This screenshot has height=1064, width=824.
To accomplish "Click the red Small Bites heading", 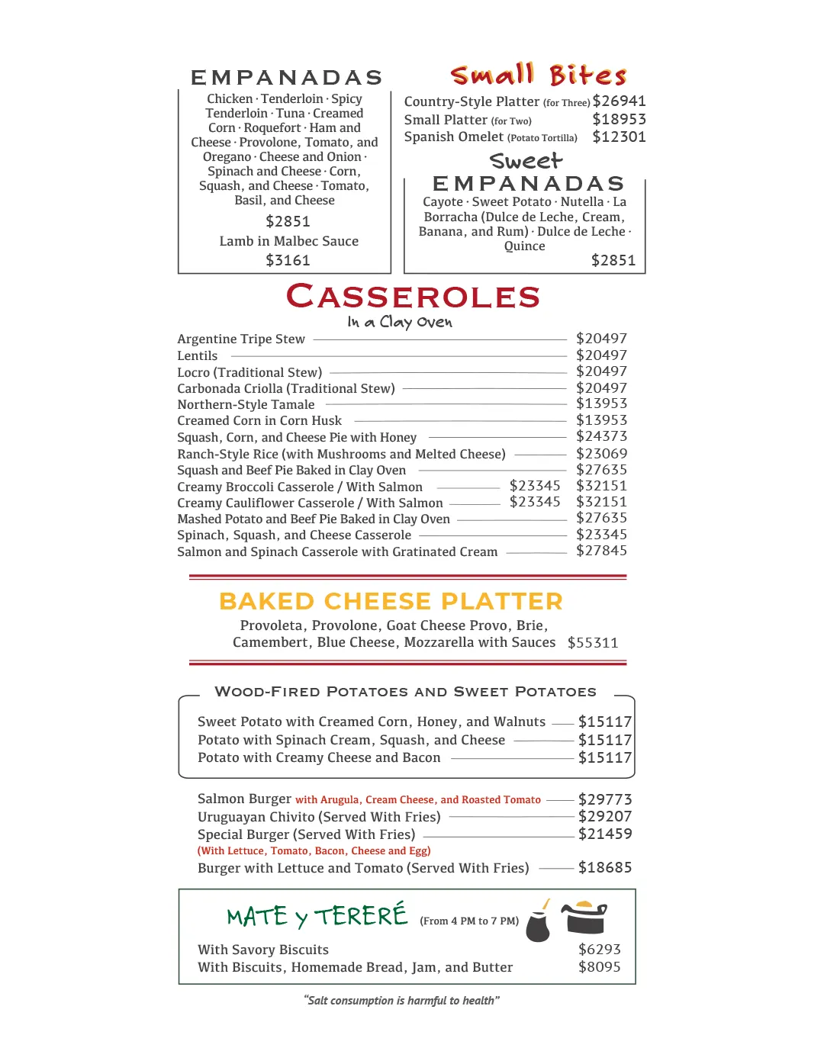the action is coord(539,76).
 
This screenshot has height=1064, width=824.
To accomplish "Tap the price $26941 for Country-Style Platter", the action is coord(619,101).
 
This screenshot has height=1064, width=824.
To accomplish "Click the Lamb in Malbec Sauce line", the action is coord(288,241).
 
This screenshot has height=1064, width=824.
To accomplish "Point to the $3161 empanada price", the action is coord(288,261).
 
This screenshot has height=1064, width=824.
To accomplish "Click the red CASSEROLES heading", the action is coord(413,297).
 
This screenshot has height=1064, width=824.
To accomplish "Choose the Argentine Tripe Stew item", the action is coord(241,339).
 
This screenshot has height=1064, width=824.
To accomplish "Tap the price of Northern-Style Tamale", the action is coord(601,403).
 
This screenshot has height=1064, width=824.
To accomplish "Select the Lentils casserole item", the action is coord(198,356).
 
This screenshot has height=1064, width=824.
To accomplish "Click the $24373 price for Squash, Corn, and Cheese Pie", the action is coord(601,436).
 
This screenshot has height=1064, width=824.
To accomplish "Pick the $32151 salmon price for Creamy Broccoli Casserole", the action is coord(601,486).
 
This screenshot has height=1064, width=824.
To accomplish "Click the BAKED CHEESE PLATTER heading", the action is coord(391,602).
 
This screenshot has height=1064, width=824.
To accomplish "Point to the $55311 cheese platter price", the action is coord(593,643).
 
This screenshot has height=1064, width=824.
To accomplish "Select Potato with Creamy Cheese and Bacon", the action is coord(319,758).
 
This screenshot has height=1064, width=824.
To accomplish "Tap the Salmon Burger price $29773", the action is coord(605,799).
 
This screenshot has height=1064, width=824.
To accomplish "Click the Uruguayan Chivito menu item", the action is coord(319,817).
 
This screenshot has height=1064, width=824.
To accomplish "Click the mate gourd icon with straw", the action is coord(539,923).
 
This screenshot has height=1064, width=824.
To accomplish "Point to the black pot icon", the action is coord(584,918).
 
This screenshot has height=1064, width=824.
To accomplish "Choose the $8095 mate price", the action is coord(599,967).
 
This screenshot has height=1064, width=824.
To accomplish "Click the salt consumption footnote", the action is coord(401,1001).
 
